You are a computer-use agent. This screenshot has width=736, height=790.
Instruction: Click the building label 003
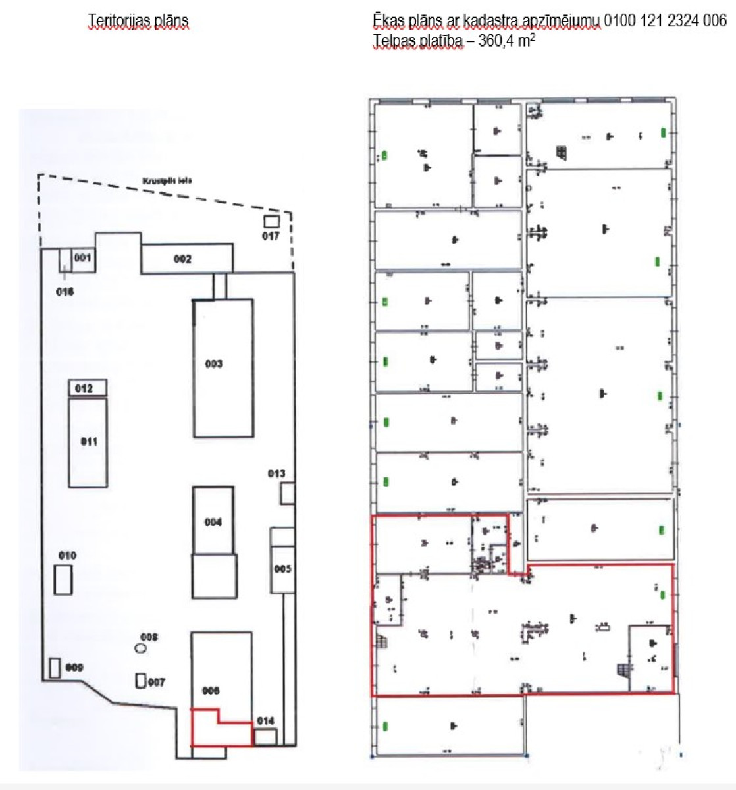[x=213, y=364]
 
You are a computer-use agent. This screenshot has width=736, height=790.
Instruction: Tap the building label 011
[x=89, y=442]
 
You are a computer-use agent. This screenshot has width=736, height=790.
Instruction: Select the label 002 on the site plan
[x=182, y=259]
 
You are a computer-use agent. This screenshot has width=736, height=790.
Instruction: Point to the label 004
[x=213, y=522]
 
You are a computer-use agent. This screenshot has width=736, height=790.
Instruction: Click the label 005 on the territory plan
[x=282, y=569]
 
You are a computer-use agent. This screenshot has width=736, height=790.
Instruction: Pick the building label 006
[x=211, y=691]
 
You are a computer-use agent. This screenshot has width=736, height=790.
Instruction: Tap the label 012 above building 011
[x=84, y=388]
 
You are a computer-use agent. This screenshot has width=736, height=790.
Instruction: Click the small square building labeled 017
[x=271, y=221]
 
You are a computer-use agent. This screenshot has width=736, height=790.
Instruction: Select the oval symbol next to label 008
[x=140, y=648]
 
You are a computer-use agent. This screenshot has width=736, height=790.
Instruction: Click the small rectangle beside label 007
[x=140, y=681]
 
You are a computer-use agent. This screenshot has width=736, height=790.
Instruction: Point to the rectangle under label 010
[x=63, y=581]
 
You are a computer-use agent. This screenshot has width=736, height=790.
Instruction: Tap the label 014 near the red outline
[x=265, y=721]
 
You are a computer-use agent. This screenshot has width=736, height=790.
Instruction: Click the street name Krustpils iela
[x=167, y=180]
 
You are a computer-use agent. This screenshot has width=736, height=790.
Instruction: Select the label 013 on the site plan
[x=276, y=473]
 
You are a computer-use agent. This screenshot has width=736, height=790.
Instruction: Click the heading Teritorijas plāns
[x=138, y=21]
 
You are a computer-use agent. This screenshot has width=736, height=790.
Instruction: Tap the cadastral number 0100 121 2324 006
[x=665, y=21]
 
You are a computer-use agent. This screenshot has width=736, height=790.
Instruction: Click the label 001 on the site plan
[x=82, y=257]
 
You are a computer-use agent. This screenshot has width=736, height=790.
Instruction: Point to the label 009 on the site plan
[x=74, y=668]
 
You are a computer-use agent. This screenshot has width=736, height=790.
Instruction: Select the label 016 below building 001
[x=65, y=292]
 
